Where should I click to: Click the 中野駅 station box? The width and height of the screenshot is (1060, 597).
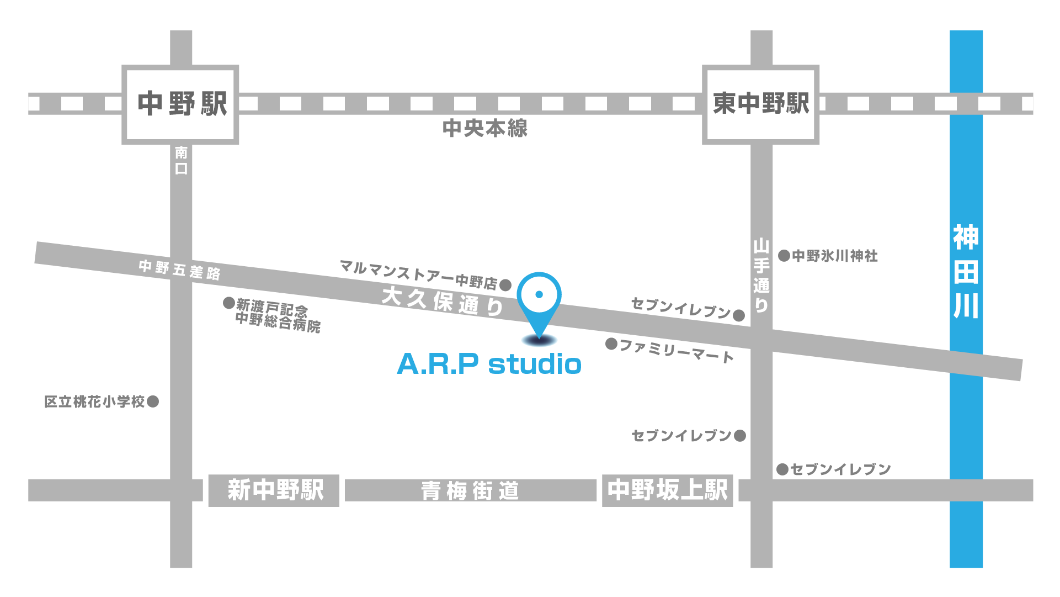180,104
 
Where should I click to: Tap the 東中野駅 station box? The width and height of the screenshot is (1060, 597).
760,104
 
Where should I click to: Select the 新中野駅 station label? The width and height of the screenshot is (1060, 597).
274,490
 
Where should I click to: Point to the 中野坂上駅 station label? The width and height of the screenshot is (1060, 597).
667,490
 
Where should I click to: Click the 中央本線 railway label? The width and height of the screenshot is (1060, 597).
485,129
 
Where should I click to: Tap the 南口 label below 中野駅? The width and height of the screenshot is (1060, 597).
181,160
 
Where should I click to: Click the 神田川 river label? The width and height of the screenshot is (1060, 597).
966,272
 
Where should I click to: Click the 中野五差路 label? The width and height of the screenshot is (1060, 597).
179,270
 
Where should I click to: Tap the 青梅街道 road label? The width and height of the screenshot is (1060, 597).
470,491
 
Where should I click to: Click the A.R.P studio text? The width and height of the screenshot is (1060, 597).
489,364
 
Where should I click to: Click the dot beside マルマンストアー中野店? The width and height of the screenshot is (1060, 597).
505,286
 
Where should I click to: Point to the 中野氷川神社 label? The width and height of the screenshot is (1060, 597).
834,256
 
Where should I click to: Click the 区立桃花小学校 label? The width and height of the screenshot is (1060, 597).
94,401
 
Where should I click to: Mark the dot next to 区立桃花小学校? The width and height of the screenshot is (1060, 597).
153,401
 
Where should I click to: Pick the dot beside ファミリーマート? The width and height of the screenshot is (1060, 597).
611,344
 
